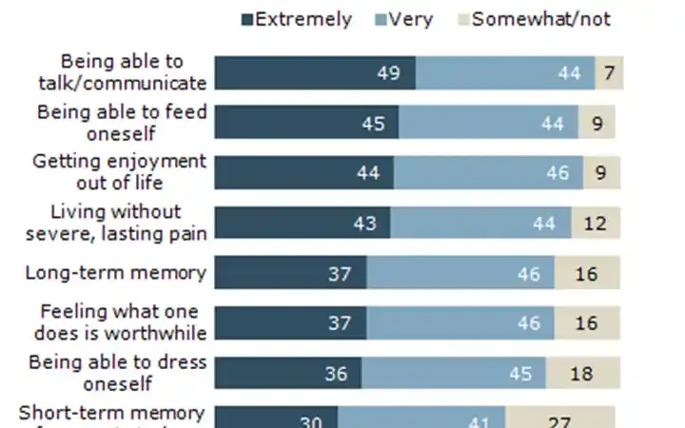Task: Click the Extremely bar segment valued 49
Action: coord(315,74)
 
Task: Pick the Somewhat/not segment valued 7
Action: coord(609,74)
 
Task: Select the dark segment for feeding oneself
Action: coord(306,122)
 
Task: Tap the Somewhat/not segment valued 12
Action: coord(597,224)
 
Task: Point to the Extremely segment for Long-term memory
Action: coord(290,273)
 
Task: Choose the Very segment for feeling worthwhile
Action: coord(460,323)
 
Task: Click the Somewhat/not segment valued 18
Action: coord(583,373)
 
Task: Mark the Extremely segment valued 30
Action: coord(276,418)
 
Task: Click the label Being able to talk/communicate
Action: coord(132,72)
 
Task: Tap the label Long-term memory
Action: coord(116,273)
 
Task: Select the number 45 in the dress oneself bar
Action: coord(520,373)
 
